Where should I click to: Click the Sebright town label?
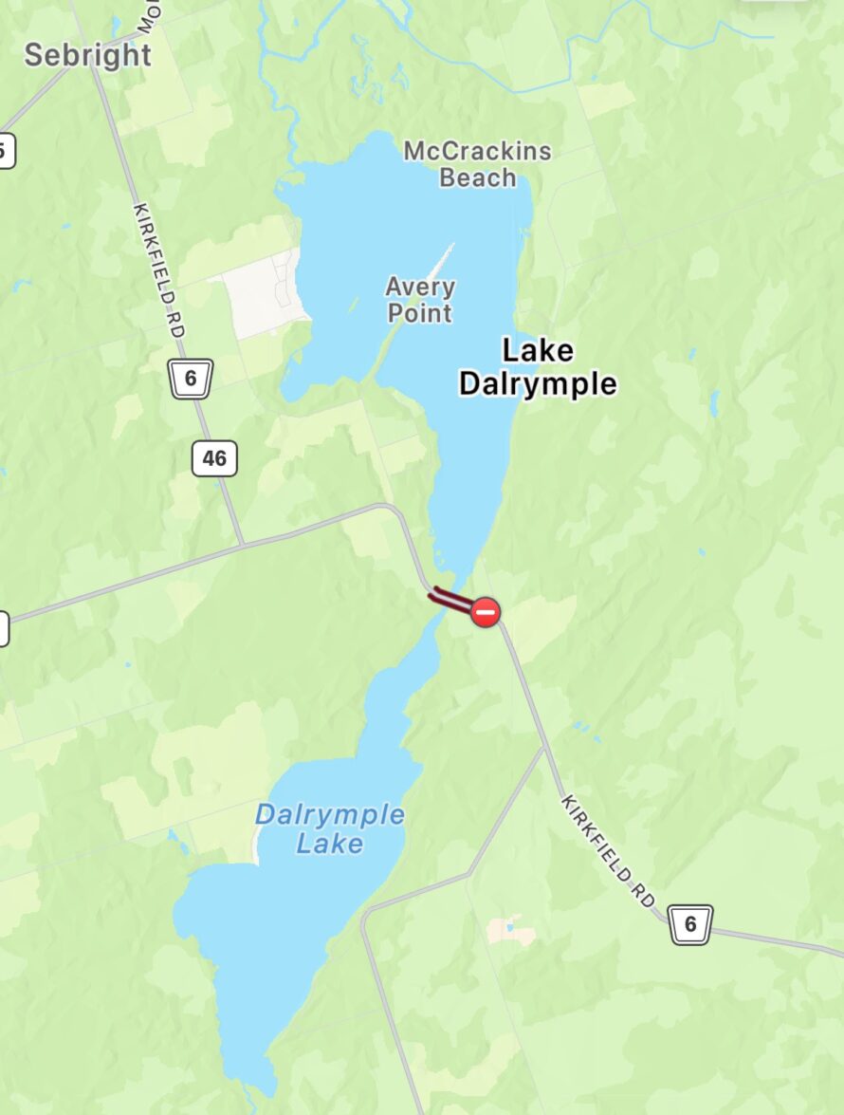(x=87, y=55)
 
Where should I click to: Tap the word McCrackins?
(x=477, y=151)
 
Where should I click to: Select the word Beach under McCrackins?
(x=477, y=177)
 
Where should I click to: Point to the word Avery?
(x=420, y=287)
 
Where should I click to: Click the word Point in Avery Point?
(x=420, y=312)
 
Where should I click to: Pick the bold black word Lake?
(x=538, y=351)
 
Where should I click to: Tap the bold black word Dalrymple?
(x=538, y=383)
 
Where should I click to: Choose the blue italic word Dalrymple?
(x=329, y=815)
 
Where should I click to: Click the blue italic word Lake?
(x=329, y=843)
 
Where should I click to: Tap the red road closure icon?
(x=486, y=612)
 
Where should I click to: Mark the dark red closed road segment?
(x=451, y=600)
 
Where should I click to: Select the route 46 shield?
(x=214, y=459)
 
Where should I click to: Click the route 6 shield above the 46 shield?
(x=191, y=379)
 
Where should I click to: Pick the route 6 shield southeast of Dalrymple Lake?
(x=690, y=923)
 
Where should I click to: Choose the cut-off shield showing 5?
(x=5, y=150)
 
